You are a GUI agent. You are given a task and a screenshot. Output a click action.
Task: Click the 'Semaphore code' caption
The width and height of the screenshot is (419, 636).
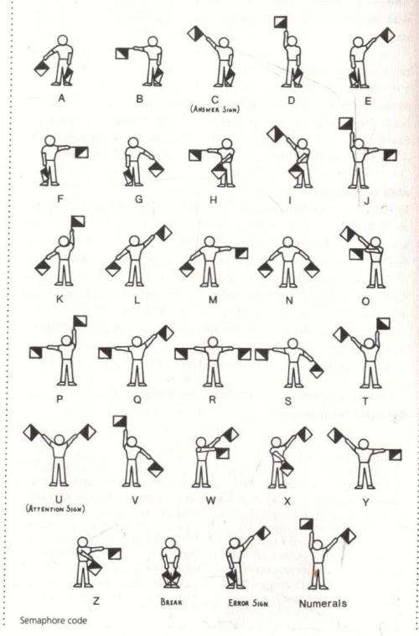point(52,621)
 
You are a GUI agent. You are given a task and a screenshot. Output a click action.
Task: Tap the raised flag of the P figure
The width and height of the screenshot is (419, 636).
point(80,322)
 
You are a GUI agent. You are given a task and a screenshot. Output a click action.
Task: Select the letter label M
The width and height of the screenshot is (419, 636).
point(213,297)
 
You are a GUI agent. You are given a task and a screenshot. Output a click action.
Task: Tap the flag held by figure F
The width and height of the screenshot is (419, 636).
point(82,152)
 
